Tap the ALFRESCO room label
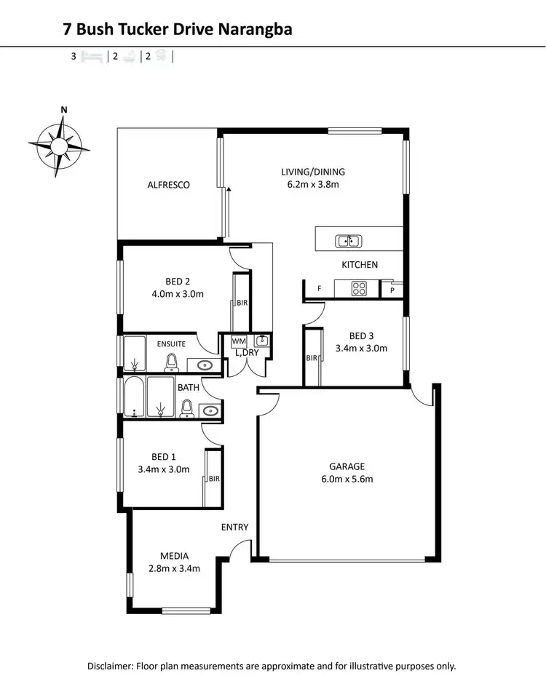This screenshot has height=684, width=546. [168, 185]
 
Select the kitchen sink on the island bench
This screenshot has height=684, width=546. [347, 241]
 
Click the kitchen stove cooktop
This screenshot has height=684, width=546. [359, 288]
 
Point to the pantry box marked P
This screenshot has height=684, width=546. [392, 290]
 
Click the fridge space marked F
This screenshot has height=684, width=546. [319, 289]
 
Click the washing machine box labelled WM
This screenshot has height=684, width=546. [238, 341]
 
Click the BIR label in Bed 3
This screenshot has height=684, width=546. [312, 358]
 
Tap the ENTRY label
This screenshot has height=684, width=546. [235, 527]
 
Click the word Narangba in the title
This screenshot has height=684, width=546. [256, 29]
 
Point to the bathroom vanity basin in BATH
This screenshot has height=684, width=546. [210, 410]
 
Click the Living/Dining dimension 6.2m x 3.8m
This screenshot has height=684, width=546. [313, 185]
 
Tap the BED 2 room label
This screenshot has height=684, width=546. [178, 282]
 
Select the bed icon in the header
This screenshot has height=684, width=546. [92, 55]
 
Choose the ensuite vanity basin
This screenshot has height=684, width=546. [204, 365]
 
